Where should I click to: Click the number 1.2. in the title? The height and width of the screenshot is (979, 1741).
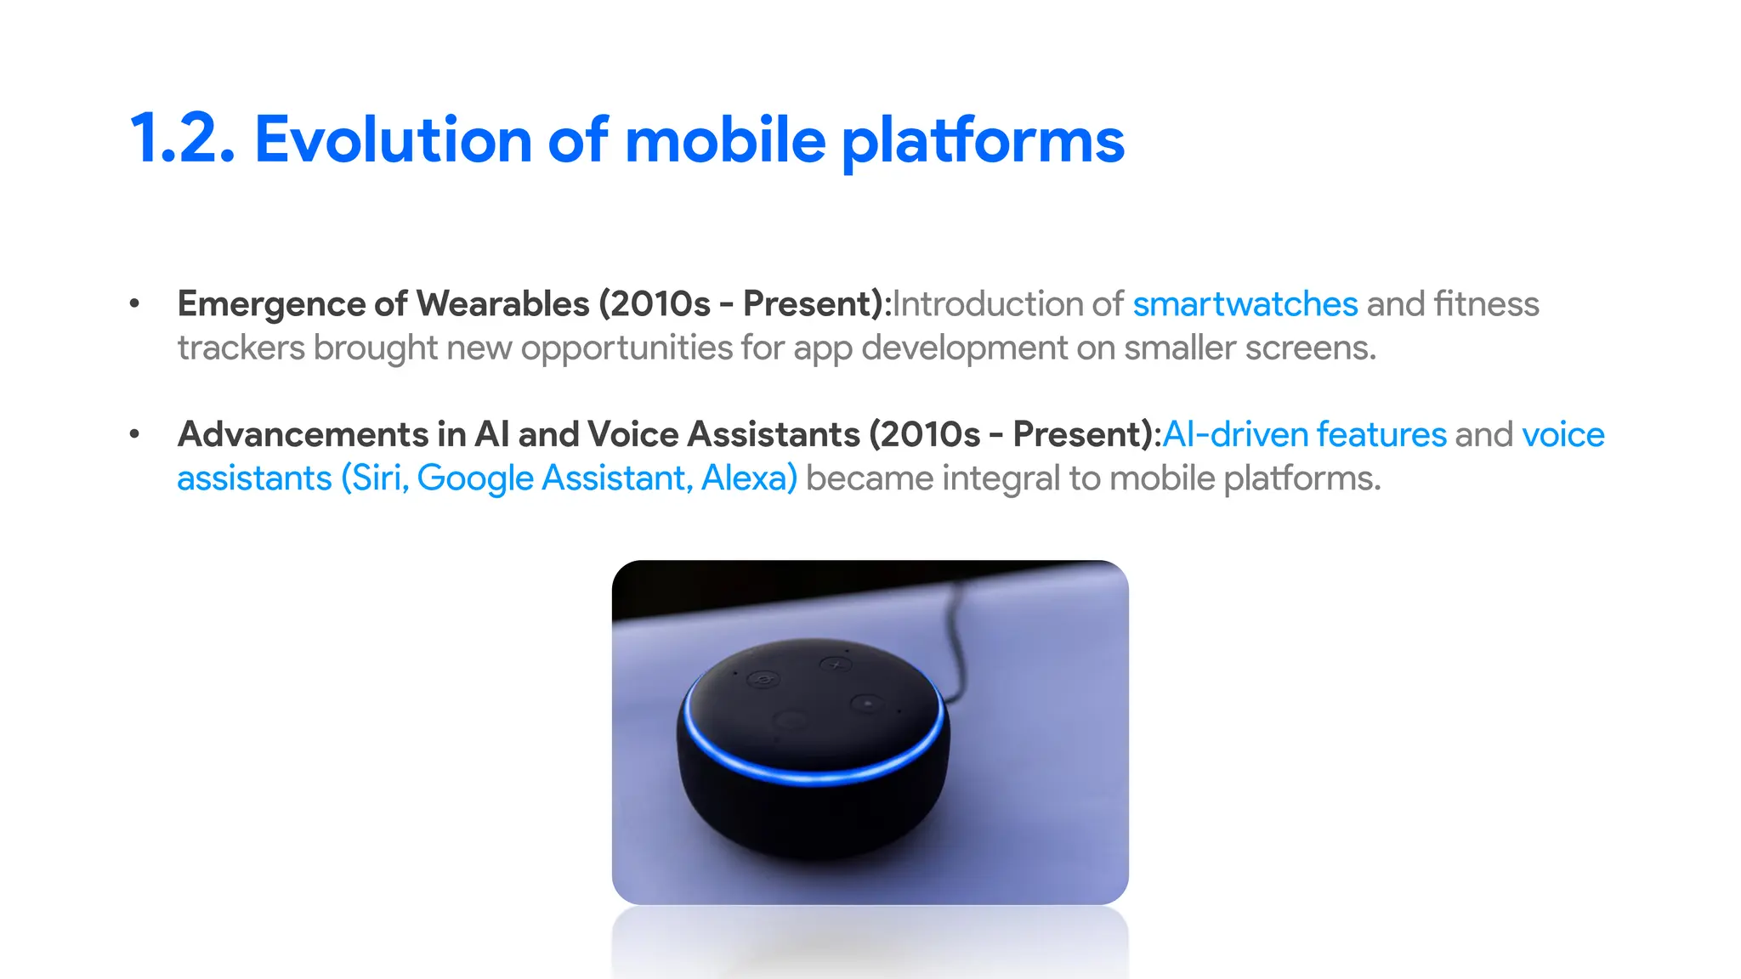tap(182, 139)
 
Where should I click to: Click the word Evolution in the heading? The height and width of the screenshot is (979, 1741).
tap(393, 139)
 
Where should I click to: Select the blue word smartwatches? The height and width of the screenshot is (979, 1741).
tap(1245, 304)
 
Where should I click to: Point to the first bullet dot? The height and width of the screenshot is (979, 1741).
tap(134, 303)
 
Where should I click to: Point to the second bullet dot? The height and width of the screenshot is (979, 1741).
tap(134, 434)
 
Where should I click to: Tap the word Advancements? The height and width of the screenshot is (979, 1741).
tap(303, 434)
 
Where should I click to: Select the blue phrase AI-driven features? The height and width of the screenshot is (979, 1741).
tap(1303, 434)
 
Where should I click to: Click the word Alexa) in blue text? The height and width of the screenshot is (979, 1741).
tap(749, 478)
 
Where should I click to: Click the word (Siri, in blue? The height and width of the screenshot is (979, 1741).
tap(375, 478)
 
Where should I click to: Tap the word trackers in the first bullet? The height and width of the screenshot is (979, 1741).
tap(241, 348)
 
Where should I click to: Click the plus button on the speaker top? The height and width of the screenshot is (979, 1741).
tap(836, 665)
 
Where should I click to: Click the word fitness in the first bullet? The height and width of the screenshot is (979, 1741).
tap(1486, 304)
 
